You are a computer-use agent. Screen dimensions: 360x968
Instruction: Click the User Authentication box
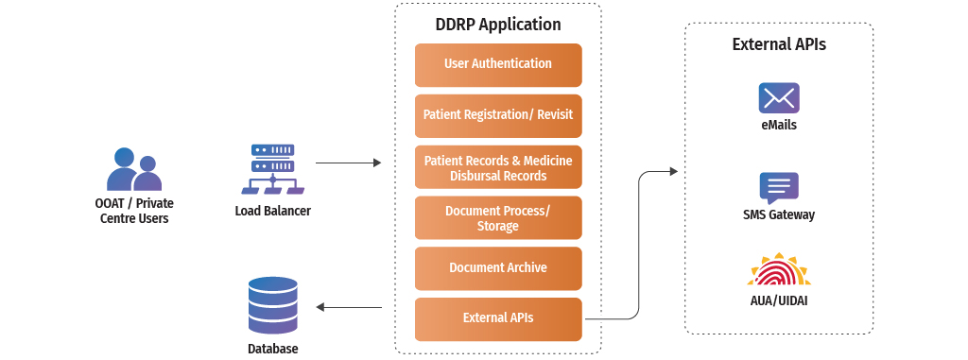(x=498, y=64)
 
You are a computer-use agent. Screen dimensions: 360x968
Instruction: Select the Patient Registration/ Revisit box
(x=498, y=115)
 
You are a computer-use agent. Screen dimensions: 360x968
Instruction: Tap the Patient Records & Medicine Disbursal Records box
(x=498, y=168)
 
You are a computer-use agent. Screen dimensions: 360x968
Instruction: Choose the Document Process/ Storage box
(x=498, y=218)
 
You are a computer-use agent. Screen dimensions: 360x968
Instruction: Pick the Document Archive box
(x=498, y=268)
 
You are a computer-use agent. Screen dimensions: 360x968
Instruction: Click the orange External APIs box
(x=498, y=318)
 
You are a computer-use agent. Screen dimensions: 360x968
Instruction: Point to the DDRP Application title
(x=498, y=25)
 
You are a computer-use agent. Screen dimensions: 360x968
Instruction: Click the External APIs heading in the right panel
(x=779, y=44)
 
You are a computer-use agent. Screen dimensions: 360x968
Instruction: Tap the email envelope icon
(x=779, y=97)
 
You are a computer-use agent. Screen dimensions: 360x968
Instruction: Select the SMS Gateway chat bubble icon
(x=779, y=187)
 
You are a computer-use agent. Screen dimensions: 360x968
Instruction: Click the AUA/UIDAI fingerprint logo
(x=779, y=271)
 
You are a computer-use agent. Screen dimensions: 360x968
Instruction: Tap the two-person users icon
(x=132, y=170)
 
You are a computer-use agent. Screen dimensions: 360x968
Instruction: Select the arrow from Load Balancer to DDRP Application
(x=348, y=163)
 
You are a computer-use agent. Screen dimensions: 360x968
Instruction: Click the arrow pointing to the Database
(x=348, y=307)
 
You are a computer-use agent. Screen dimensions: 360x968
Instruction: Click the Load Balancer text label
(x=272, y=211)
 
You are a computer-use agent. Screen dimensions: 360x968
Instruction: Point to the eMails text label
(x=779, y=125)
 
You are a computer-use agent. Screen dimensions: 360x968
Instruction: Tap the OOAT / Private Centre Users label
(x=134, y=211)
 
